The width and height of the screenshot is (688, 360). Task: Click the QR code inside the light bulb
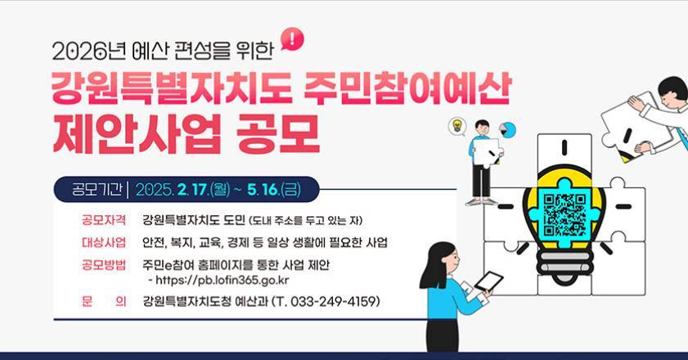[x=564, y=215]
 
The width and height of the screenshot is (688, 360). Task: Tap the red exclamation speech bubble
[x=292, y=39]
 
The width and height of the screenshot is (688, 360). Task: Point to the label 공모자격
[x=104, y=219]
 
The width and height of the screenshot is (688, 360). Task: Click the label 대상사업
[x=104, y=242]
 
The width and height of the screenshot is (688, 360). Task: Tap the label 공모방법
[x=104, y=265]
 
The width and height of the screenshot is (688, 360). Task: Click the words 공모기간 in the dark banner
[x=97, y=189]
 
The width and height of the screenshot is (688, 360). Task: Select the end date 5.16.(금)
[x=274, y=189]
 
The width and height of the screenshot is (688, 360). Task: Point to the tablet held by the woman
[x=488, y=281]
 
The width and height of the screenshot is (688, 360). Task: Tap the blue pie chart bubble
[x=507, y=130]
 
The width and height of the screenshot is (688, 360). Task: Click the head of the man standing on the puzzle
[x=482, y=128]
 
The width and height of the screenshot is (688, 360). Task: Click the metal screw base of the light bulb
[x=564, y=265]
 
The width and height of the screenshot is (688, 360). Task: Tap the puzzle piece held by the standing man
[x=487, y=152]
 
